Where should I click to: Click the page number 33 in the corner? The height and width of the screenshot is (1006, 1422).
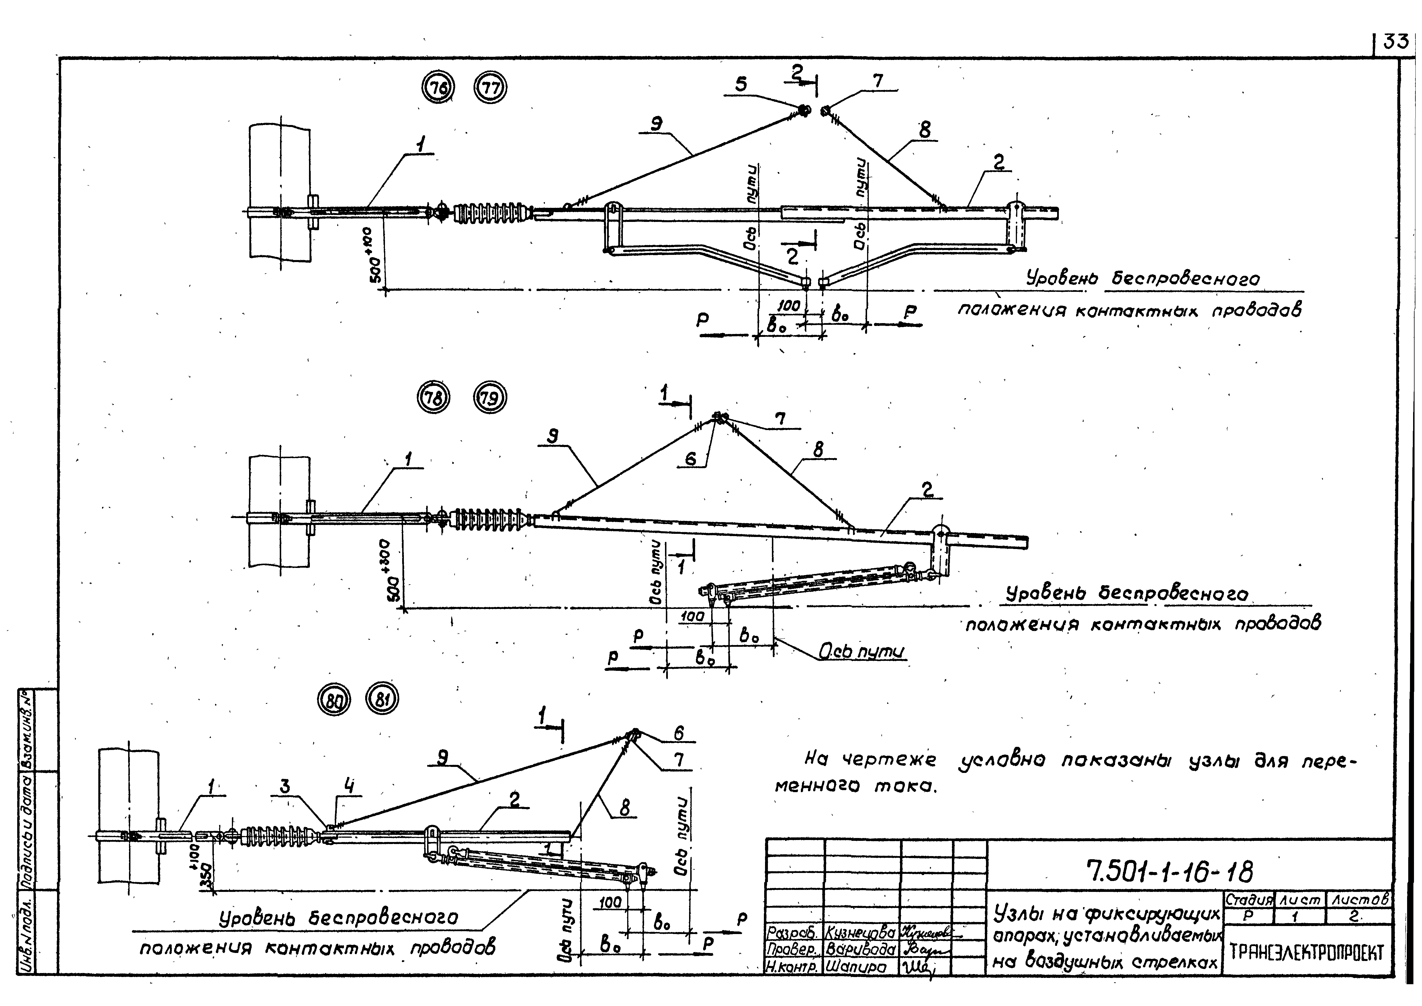tap(1395, 42)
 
